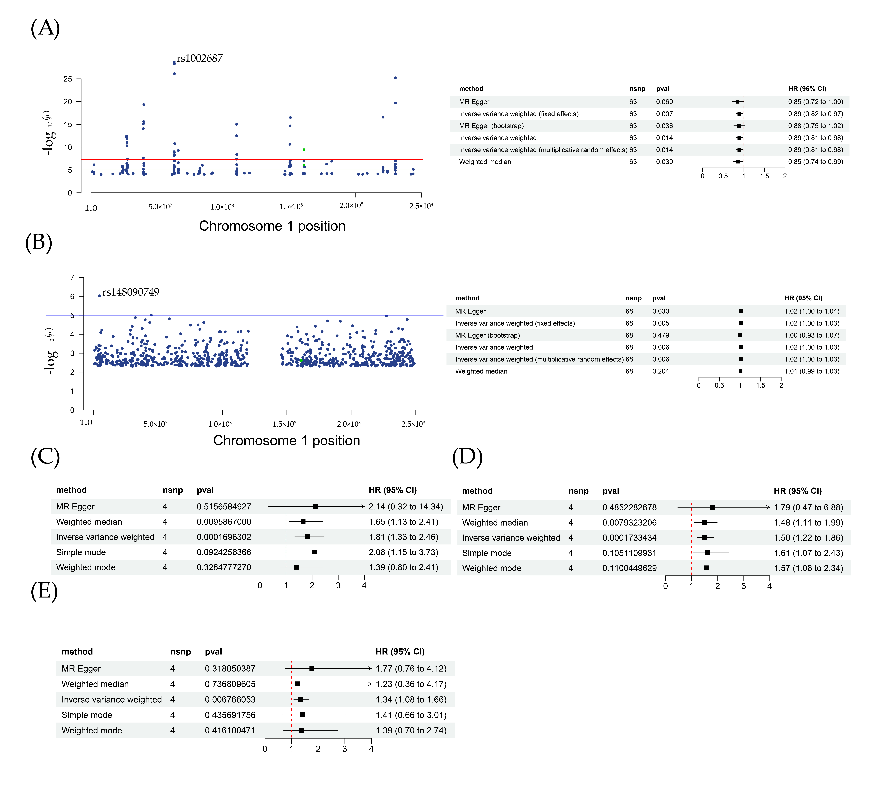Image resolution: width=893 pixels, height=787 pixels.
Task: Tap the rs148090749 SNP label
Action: point(131,292)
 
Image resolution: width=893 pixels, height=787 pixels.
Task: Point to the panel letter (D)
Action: point(467,457)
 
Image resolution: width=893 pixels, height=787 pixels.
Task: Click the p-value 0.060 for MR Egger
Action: point(664,102)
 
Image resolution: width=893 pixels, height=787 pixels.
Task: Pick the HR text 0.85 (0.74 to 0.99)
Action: point(815,162)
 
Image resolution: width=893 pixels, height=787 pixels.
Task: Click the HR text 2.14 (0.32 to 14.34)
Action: point(405,507)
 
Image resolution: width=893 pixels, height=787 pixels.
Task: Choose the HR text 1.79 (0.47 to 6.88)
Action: point(808,508)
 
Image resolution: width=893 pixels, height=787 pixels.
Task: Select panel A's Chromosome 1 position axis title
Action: point(272,226)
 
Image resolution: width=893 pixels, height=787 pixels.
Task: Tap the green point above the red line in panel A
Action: point(304,150)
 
